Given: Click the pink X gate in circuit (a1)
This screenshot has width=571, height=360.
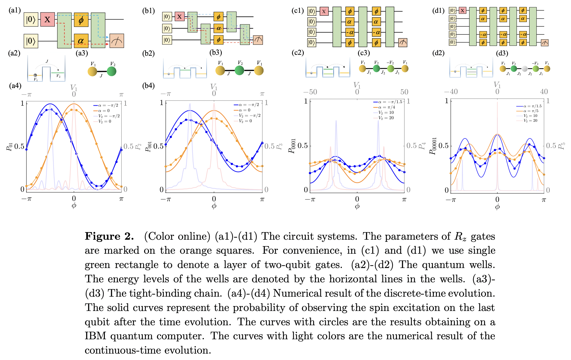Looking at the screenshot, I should (47, 19).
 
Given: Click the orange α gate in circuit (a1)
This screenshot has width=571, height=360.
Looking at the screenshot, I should (81, 41).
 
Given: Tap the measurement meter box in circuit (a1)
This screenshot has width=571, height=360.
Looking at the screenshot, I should (117, 41).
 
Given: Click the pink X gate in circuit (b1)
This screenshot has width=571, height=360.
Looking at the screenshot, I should (179, 16).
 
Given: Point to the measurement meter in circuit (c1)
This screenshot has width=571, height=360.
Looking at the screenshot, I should (403, 43).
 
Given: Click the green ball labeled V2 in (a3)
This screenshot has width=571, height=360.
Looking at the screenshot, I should (112, 71).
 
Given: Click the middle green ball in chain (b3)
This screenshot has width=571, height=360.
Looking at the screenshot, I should (239, 70).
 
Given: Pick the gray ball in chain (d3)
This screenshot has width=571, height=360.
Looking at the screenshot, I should (524, 69).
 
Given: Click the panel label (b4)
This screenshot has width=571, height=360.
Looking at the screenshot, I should (148, 86).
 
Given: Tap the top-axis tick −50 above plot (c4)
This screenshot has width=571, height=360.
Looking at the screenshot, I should (310, 92).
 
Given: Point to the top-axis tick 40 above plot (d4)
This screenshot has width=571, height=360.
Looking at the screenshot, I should (544, 92).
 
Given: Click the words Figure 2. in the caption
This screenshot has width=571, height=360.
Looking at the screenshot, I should (109, 236).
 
